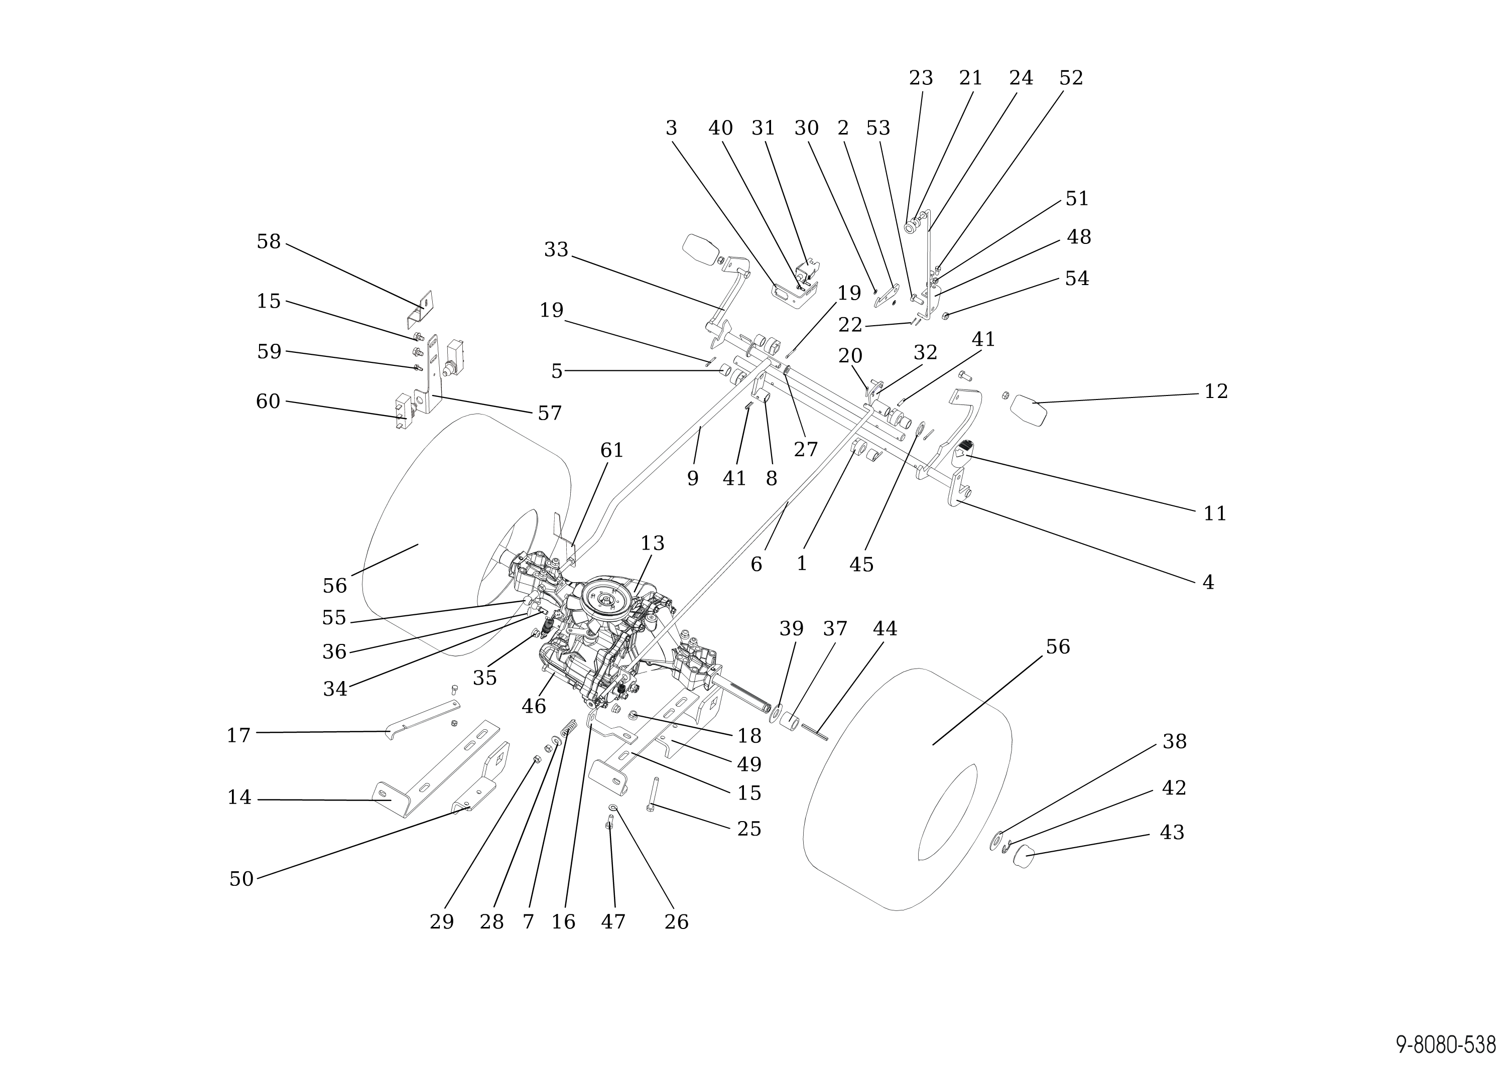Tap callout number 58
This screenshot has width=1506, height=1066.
pyautogui.click(x=269, y=242)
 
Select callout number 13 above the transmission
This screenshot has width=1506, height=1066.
pyautogui.click(x=653, y=544)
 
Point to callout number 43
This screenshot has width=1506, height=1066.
pyautogui.click(x=1172, y=833)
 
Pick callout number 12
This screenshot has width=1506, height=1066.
pyautogui.click(x=1216, y=392)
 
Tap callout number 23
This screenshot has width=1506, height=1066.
pyautogui.click(x=921, y=79)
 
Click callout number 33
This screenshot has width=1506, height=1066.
pyautogui.click(x=556, y=250)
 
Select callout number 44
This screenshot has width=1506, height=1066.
pyautogui.click(x=885, y=629)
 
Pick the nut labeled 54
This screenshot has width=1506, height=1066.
pyautogui.click(x=945, y=316)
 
